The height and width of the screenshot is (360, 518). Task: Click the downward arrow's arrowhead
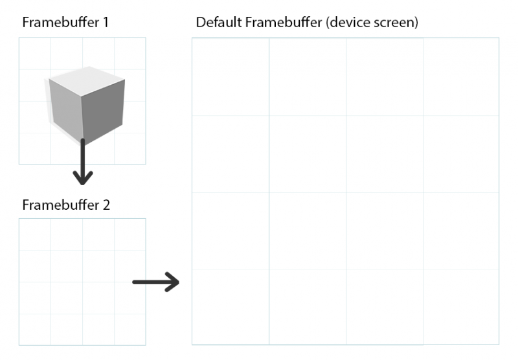pyautogui.click(x=83, y=178)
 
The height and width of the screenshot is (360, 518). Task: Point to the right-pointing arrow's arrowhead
pyautogui.click(x=172, y=282)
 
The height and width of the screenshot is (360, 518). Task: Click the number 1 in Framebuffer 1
pyautogui.click(x=106, y=23)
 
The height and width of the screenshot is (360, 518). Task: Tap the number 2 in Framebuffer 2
pyautogui.click(x=106, y=205)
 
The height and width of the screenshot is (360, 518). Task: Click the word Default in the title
pyautogui.click(x=219, y=23)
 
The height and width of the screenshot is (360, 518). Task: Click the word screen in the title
pyautogui.click(x=394, y=23)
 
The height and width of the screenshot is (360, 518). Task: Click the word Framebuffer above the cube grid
pyautogui.click(x=61, y=23)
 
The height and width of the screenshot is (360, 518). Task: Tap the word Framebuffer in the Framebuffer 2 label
pyautogui.click(x=61, y=205)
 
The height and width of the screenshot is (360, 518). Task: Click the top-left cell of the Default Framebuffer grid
pyautogui.click(x=231, y=76)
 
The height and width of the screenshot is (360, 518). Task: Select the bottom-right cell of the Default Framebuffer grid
pyautogui.click(x=461, y=307)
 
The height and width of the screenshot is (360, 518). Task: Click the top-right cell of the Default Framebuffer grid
pyautogui.click(x=461, y=76)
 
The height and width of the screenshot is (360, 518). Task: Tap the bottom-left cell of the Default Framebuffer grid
pyautogui.click(x=231, y=307)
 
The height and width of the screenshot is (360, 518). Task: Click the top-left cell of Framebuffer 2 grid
pyautogui.click(x=35, y=234)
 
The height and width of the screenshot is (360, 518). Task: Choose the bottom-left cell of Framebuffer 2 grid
pyautogui.click(x=35, y=330)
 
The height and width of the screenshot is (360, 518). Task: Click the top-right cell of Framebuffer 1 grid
pyautogui.click(x=130, y=54)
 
